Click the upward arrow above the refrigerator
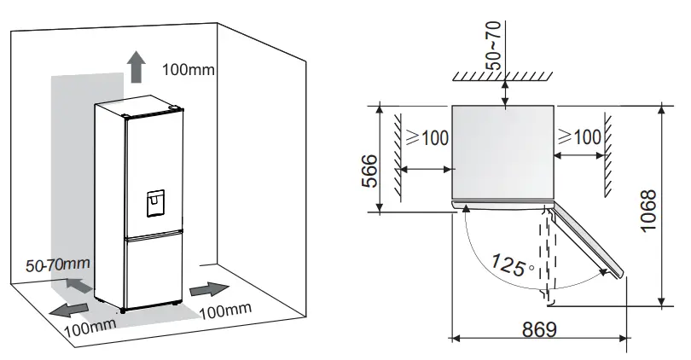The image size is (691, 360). pos(134,65)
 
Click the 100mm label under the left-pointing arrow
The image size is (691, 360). pos(89,327)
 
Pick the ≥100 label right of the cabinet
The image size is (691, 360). pos(578,136)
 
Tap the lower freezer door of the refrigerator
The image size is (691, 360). pos(154,270)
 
